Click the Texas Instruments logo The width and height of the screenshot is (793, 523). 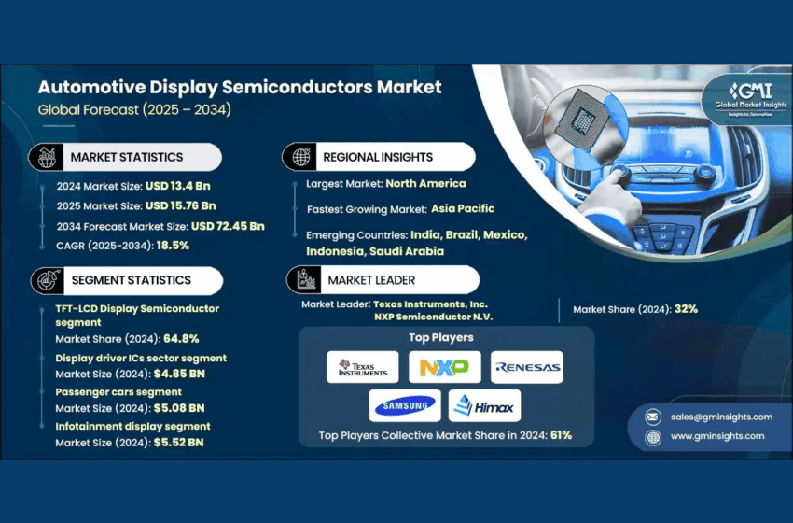(363, 367)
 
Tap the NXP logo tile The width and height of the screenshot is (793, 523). (444, 367)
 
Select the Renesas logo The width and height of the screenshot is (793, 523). (527, 367)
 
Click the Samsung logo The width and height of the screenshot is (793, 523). (404, 405)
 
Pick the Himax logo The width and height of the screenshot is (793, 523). (484, 405)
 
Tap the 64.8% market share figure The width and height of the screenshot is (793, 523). (181, 339)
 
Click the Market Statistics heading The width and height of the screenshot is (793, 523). (126, 157)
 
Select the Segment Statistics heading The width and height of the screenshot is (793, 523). (131, 280)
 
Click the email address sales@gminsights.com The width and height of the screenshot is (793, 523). (721, 417)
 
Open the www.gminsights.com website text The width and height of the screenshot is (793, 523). (716, 436)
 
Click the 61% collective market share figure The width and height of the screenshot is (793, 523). (561, 435)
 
